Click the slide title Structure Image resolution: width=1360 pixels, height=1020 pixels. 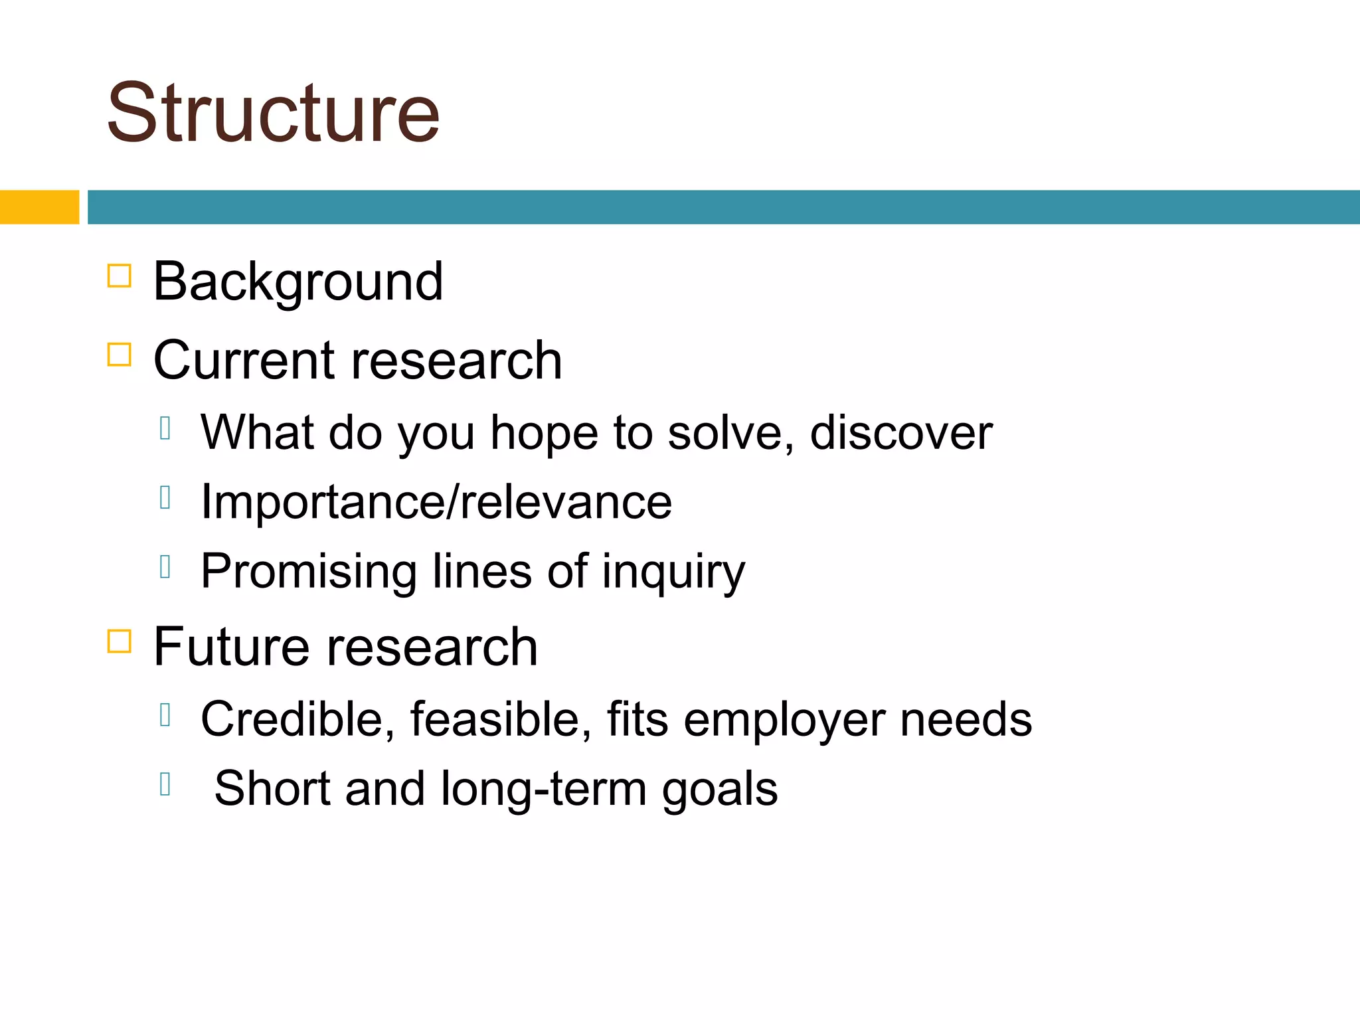coord(273,113)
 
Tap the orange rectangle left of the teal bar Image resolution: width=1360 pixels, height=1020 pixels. coord(39,207)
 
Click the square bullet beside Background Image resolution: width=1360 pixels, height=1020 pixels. coord(120,276)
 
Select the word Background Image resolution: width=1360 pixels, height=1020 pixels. coord(297,282)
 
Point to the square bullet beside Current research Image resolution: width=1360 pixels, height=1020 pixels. coord(120,354)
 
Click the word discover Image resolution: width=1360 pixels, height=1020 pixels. coord(900,433)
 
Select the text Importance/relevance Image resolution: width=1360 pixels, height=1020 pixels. coord(436,502)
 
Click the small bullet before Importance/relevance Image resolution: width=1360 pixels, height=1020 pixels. coord(166,497)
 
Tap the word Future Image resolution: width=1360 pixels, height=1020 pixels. coord(231,647)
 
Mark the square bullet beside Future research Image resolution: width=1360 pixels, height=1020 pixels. coord(120,641)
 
